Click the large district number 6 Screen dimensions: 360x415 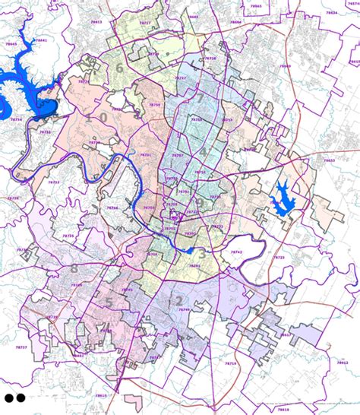point(119,68)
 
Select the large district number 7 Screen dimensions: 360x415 point(200,98)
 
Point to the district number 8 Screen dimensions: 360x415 point(74,269)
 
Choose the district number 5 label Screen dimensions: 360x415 point(109,302)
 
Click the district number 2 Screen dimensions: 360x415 point(179,300)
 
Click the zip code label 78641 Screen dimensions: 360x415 point(41,40)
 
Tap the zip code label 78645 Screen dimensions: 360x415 point(11,45)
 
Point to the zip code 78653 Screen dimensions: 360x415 point(329,160)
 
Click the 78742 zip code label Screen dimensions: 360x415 point(236,252)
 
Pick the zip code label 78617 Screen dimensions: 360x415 point(286,334)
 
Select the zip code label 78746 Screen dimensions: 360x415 point(112,207)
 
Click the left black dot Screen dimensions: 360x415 point(9,397)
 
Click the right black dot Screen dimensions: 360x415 point(21,397)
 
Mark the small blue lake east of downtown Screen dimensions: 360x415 point(281,199)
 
